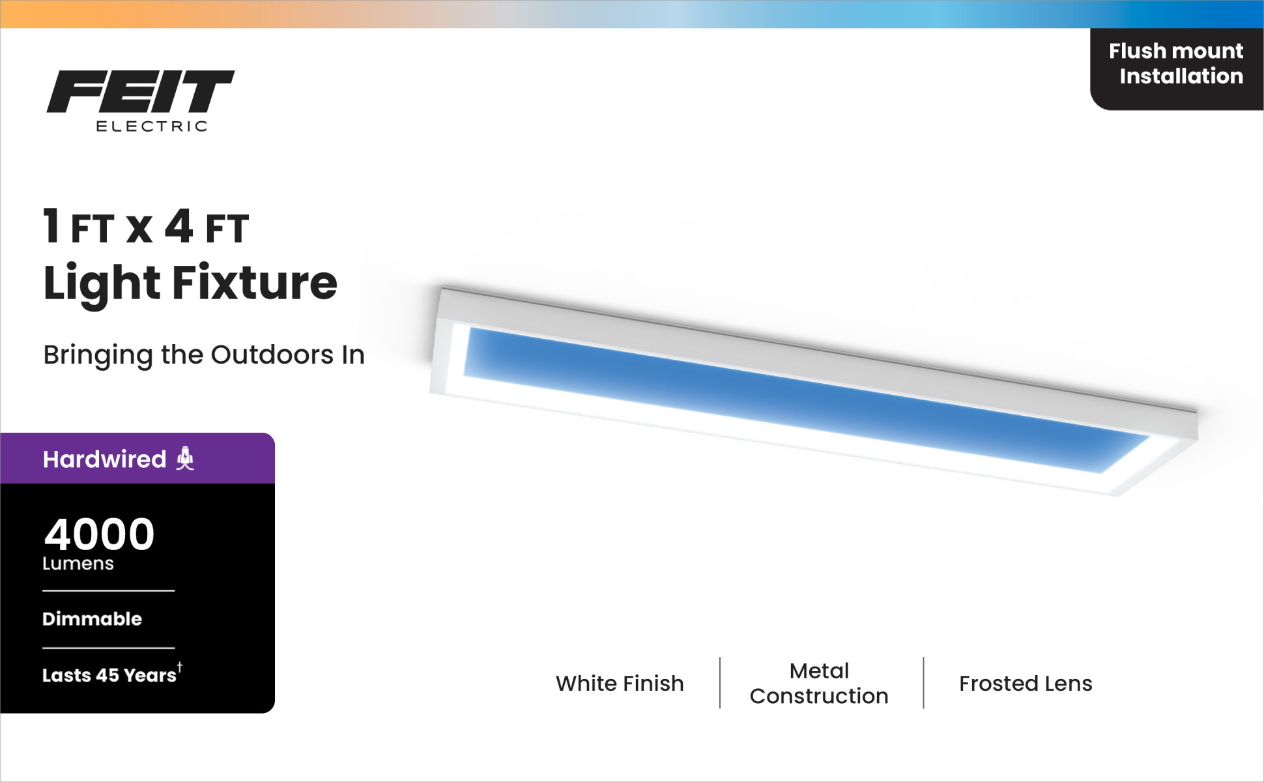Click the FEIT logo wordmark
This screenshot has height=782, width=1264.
point(140,91)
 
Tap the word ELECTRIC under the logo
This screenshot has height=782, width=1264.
point(152,126)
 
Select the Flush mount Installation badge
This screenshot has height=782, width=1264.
point(1177,69)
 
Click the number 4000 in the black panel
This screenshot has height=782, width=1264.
point(99,534)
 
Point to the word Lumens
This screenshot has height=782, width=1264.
point(78,564)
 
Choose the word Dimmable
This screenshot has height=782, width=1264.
point(92,618)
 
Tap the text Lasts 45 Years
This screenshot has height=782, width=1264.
point(109,675)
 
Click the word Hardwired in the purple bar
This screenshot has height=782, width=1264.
point(104,459)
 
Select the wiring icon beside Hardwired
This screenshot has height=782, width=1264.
point(185,459)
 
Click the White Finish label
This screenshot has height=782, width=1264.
point(620,684)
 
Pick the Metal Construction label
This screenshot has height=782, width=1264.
point(819,684)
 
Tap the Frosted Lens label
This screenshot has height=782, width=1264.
point(1026,684)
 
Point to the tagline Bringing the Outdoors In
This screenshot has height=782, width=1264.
point(204,355)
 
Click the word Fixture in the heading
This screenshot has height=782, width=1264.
point(255,283)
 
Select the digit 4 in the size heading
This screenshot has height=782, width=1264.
point(179,226)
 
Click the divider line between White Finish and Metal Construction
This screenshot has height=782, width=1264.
point(720,683)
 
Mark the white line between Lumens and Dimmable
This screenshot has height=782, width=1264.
point(109,591)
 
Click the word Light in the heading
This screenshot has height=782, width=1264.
point(102,284)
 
